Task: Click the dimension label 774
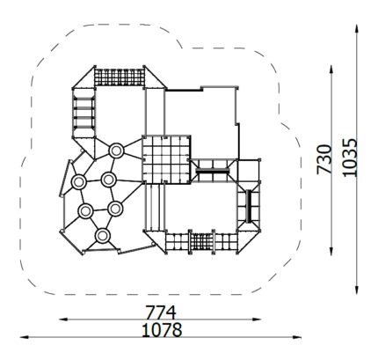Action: click(x=161, y=312)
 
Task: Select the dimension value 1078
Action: click(x=162, y=330)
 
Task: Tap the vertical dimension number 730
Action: click(x=324, y=159)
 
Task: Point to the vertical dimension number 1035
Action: click(x=350, y=158)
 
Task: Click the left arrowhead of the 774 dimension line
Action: click(x=63, y=320)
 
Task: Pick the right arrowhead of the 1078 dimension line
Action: click(x=297, y=337)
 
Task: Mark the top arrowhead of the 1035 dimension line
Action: click(x=357, y=29)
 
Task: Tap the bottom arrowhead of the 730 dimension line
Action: click(x=331, y=252)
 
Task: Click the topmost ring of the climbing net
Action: click(x=116, y=151)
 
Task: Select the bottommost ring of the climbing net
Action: click(x=102, y=235)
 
